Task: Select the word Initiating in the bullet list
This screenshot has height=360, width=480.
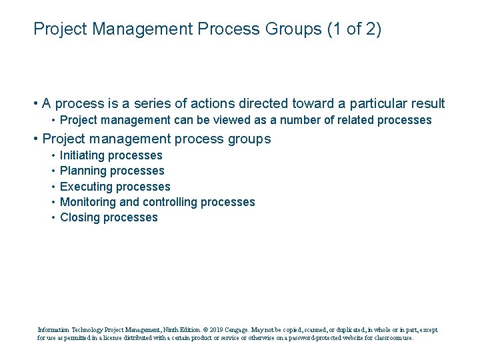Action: [82, 155]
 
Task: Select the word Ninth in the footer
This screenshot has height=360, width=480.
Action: [173, 329]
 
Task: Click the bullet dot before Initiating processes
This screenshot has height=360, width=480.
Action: [52, 155]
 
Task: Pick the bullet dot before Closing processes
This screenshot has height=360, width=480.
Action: [52, 217]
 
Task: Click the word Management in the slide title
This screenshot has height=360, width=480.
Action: [136, 30]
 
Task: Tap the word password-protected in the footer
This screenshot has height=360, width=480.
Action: [309, 338]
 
